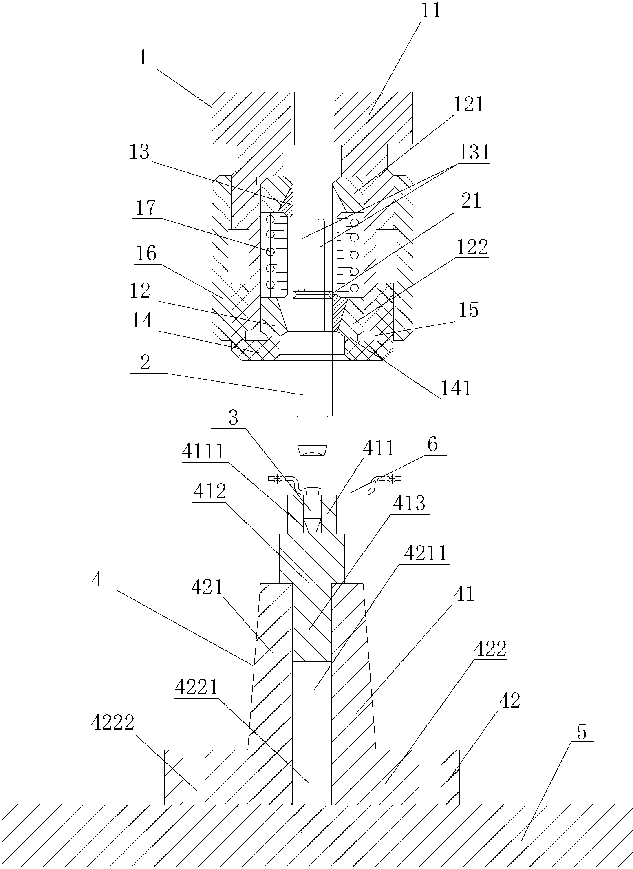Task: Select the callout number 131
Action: (474, 153)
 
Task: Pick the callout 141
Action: (456, 388)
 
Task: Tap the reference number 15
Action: (468, 311)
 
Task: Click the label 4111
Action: (203, 452)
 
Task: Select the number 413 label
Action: (408, 503)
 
